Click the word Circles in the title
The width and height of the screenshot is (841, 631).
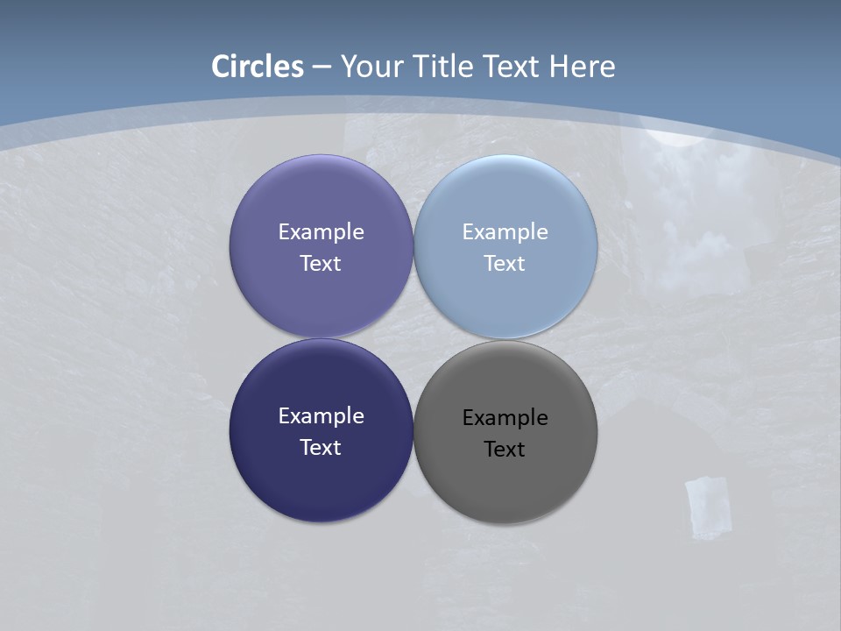258,67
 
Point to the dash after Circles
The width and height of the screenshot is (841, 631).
322,67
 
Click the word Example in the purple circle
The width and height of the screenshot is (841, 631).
321,232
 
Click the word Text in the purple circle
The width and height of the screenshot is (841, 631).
321,264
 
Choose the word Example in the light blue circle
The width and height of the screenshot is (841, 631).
505,232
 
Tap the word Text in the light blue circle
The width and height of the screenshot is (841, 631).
505,264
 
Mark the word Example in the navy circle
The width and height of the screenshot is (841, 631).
321,416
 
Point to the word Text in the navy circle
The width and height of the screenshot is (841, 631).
321,448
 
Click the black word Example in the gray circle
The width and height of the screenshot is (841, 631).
505,418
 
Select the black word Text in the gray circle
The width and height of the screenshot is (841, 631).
505,450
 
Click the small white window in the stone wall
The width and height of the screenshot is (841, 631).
707,506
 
